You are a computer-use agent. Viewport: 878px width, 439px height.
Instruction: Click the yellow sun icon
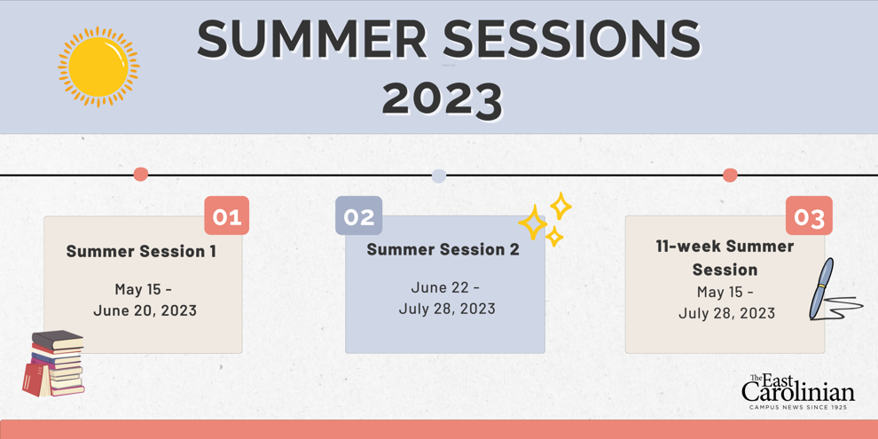tap(98, 67)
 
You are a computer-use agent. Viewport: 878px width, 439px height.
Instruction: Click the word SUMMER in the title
tap(312, 40)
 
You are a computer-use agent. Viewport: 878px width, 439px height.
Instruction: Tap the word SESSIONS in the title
tap(572, 40)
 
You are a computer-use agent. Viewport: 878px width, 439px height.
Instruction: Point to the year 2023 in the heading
tap(443, 98)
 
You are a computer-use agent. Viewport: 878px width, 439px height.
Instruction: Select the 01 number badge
tap(227, 216)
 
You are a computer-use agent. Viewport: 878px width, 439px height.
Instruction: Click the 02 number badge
tap(359, 216)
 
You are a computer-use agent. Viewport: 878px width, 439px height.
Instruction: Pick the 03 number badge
tap(809, 216)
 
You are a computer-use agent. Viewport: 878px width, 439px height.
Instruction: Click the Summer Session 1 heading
tap(141, 251)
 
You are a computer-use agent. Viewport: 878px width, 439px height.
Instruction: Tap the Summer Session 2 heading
tap(443, 250)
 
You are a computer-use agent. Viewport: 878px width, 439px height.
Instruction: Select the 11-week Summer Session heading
tap(725, 258)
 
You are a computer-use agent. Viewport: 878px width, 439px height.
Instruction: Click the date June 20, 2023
tap(145, 310)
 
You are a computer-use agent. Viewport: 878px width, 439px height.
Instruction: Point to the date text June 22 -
tap(445, 288)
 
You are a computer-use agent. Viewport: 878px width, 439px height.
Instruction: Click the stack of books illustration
tap(54, 364)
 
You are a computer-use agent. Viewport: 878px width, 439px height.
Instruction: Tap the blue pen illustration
tap(821, 288)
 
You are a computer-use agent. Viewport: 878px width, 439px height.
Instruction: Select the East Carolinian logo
tap(798, 391)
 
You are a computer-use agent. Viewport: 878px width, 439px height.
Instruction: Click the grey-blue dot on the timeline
tap(439, 176)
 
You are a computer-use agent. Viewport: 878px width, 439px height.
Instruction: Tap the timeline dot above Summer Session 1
tap(140, 175)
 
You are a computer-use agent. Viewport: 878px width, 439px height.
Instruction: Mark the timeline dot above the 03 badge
tap(730, 176)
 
